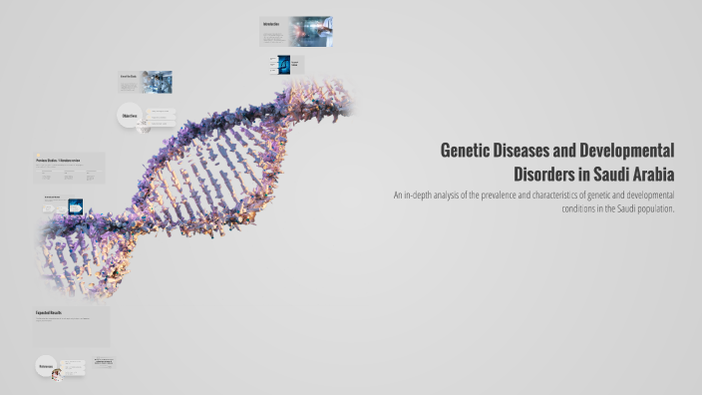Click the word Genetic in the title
[x=468, y=150]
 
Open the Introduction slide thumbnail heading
[x=271, y=23]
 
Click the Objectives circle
[x=130, y=117]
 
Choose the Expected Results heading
[x=50, y=313]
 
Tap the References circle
[x=46, y=367]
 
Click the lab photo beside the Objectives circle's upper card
[x=157, y=82]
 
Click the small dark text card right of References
[x=105, y=362]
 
